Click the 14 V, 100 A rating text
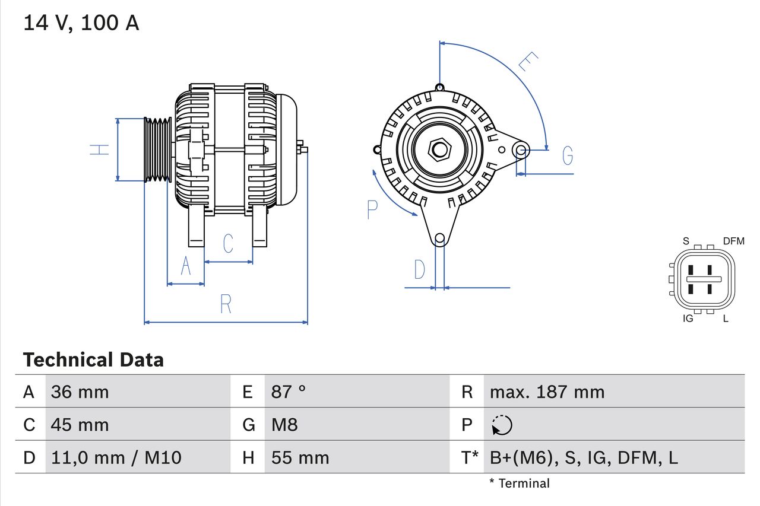(81, 23)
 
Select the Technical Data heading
(93, 360)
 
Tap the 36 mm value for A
(80, 392)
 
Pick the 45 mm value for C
(80, 425)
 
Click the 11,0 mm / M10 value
(116, 457)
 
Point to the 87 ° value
(289, 392)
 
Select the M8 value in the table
(284, 425)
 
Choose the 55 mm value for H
(300, 457)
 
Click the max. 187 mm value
(547, 392)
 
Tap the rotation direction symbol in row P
(502, 425)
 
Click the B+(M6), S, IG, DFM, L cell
(584, 457)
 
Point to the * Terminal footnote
(520, 483)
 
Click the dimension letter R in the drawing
(226, 304)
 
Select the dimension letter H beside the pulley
(100, 149)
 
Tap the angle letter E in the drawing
(527, 62)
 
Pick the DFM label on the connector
(733, 241)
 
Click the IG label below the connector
(688, 319)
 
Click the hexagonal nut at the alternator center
(439, 149)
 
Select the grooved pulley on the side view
(158, 149)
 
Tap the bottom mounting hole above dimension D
(439, 239)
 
